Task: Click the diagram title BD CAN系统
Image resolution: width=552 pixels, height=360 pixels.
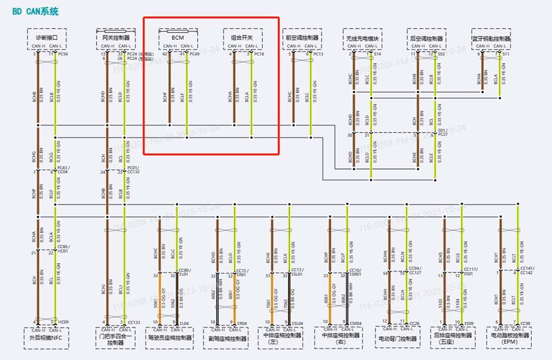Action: [x=35, y=11]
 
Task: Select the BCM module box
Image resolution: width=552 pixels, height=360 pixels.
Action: [x=178, y=37]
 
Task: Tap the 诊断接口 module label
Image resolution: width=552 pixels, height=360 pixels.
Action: [x=47, y=38]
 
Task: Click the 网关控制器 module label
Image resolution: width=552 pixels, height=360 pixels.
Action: [x=116, y=38]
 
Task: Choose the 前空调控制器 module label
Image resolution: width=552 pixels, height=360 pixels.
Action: [x=302, y=38]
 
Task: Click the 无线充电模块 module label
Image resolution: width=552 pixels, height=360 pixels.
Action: [x=363, y=39]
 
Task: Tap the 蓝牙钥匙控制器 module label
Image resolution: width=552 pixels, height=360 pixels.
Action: [x=491, y=39]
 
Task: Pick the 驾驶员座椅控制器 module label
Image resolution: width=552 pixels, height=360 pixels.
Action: [x=169, y=338]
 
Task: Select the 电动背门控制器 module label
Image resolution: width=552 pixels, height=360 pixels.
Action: [x=399, y=339]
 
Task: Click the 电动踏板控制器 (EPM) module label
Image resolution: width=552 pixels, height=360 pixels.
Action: [x=510, y=339]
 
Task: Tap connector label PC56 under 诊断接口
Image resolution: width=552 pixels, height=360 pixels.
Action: [x=63, y=54]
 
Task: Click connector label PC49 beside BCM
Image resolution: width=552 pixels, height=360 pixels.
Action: [x=194, y=54]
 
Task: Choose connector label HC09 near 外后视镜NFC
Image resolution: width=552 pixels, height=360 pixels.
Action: [x=64, y=322]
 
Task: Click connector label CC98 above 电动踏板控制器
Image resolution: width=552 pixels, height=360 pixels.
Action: [x=526, y=323]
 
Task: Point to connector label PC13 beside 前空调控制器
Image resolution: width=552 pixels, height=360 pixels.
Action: [x=318, y=54]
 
